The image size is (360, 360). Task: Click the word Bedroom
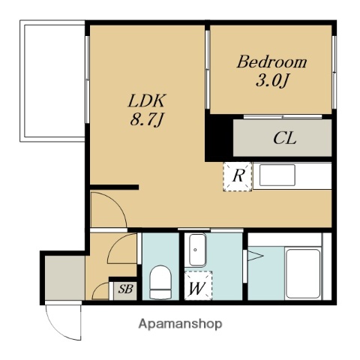click(x=271, y=61)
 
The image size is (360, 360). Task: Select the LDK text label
click(x=147, y=100)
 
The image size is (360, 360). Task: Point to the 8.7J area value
click(x=147, y=120)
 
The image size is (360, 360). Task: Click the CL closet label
click(x=285, y=138)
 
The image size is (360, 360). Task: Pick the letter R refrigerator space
click(x=238, y=176)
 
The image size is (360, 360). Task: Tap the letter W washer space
click(x=197, y=289)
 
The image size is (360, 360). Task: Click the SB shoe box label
click(x=125, y=289)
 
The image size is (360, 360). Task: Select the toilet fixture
click(x=160, y=282)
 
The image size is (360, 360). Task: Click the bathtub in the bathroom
click(x=303, y=274)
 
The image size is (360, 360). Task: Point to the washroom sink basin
click(x=197, y=250)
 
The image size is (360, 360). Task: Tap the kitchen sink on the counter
click(x=277, y=175)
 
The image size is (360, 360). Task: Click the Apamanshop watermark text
click(x=180, y=324)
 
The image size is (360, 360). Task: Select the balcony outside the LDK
click(x=52, y=81)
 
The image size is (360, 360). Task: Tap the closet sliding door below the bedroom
click(x=283, y=117)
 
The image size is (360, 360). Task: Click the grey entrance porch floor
click(x=65, y=277)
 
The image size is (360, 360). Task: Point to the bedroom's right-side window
click(x=334, y=72)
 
